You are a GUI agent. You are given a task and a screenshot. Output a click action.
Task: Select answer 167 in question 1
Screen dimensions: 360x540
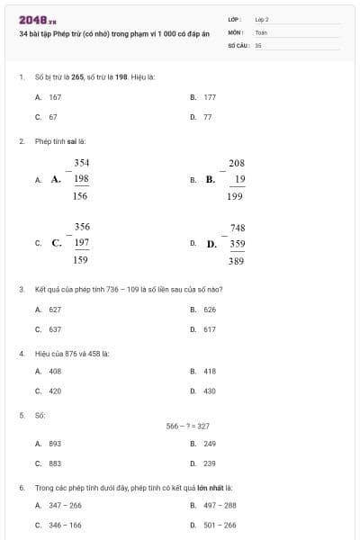tap(55, 97)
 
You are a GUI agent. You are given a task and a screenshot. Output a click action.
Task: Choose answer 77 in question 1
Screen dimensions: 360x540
tap(208, 117)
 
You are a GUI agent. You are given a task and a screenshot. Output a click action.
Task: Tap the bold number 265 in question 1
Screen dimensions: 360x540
tap(77, 76)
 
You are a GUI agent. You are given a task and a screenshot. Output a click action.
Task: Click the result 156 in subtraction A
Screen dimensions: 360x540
tap(80, 195)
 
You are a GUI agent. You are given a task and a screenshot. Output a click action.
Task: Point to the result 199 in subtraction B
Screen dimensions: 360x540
tap(236, 195)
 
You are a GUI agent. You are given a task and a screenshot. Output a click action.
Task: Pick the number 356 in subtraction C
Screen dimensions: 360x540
tap(81, 227)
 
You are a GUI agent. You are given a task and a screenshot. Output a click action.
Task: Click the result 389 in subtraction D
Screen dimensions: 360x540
tap(237, 260)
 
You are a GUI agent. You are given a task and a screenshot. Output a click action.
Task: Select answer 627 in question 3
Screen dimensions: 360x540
tap(55, 310)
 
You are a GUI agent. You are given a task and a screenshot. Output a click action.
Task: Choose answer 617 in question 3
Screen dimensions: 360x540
tap(210, 329)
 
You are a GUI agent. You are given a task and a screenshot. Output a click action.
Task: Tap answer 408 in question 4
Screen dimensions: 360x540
tap(55, 371)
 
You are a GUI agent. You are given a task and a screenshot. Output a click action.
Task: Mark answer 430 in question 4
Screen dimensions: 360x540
tap(210, 391)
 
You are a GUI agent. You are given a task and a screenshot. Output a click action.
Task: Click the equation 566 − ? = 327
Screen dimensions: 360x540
tap(187, 426)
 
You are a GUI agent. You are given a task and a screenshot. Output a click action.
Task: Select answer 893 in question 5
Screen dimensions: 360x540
tap(55, 444)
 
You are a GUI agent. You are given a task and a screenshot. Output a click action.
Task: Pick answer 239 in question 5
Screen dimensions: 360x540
tap(210, 463)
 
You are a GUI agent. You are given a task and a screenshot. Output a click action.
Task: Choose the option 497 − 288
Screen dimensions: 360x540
tap(219, 505)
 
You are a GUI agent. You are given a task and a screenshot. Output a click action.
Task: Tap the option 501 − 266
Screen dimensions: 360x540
tap(219, 525)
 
